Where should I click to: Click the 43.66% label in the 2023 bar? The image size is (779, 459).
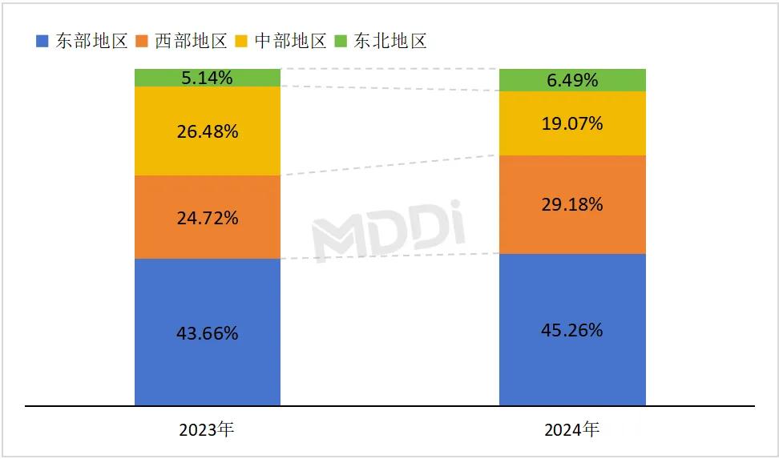point(208,332)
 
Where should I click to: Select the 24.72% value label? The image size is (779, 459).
point(208,217)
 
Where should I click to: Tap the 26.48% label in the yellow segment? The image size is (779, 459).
point(208,131)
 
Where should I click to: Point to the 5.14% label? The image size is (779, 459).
point(208,78)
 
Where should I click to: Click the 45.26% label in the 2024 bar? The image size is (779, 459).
point(572,330)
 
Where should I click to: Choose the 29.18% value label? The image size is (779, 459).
point(572,204)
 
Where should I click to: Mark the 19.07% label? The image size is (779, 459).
point(572,123)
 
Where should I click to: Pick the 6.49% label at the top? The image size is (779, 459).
point(572,80)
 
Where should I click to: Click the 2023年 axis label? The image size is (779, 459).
point(208,430)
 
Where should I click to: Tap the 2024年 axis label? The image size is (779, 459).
point(572,430)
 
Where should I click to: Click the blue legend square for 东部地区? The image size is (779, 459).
point(42,41)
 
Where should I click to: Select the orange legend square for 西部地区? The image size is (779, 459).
point(142,41)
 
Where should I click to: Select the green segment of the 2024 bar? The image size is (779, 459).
point(529,80)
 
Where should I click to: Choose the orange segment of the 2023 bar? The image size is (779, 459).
point(160,217)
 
